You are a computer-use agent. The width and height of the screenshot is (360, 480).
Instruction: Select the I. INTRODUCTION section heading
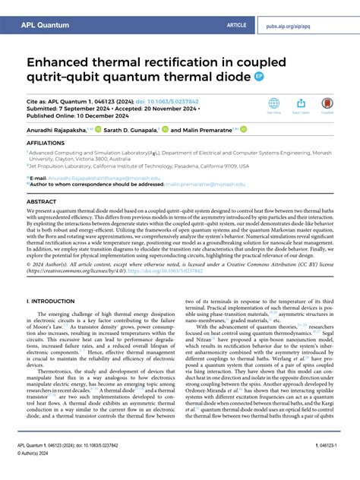coord(55,302)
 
